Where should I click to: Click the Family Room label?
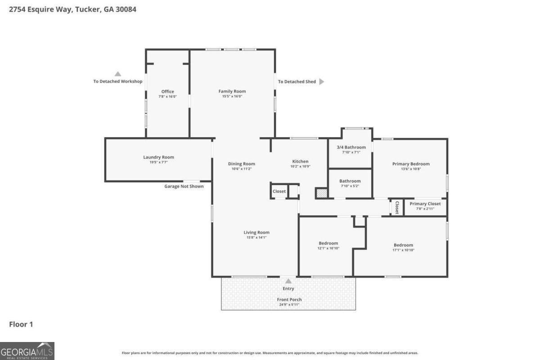point(232,91)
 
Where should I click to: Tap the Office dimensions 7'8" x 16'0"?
point(167,96)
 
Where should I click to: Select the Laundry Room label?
point(158,157)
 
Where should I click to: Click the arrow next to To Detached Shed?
point(321,81)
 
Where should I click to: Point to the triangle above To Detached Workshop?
point(117,74)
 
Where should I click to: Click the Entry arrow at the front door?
point(288,281)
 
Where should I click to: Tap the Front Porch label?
point(289,300)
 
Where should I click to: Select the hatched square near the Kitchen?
point(321,193)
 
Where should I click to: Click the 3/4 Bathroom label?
point(351,147)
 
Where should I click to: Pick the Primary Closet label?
point(425,204)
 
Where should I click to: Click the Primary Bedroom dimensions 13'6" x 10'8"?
point(411,169)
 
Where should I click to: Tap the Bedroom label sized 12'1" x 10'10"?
point(328,243)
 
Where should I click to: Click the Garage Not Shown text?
point(184,186)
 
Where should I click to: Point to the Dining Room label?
point(242,164)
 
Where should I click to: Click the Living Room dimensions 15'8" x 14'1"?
point(256,237)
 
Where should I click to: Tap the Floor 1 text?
point(21,324)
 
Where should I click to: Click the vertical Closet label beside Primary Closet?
point(397,207)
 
